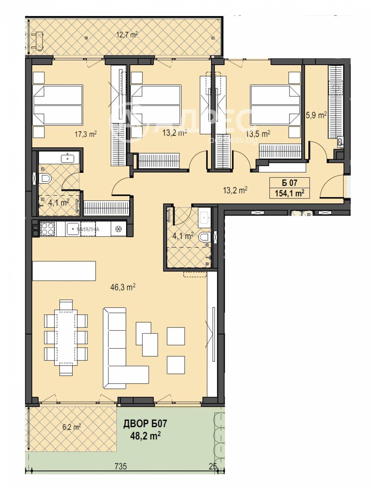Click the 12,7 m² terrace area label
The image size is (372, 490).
point(127,35)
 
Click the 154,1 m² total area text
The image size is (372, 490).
point(289,193)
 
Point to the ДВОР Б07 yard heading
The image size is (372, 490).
point(145,423)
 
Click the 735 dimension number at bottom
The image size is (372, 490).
point(121,466)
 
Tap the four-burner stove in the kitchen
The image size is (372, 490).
point(47,229)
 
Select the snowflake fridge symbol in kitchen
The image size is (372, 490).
point(119,229)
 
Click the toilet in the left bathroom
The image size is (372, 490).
point(45,179)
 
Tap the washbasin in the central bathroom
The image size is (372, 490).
point(204,217)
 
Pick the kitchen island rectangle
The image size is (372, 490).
point(64,271)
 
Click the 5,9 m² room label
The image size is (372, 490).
point(316,115)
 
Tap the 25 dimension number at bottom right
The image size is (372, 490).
point(213,466)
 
